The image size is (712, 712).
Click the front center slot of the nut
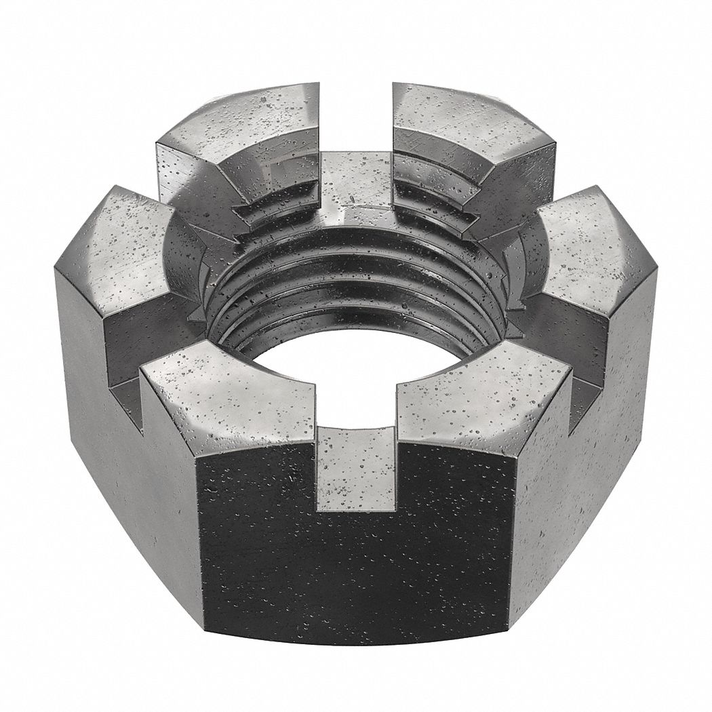tap(356, 468)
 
